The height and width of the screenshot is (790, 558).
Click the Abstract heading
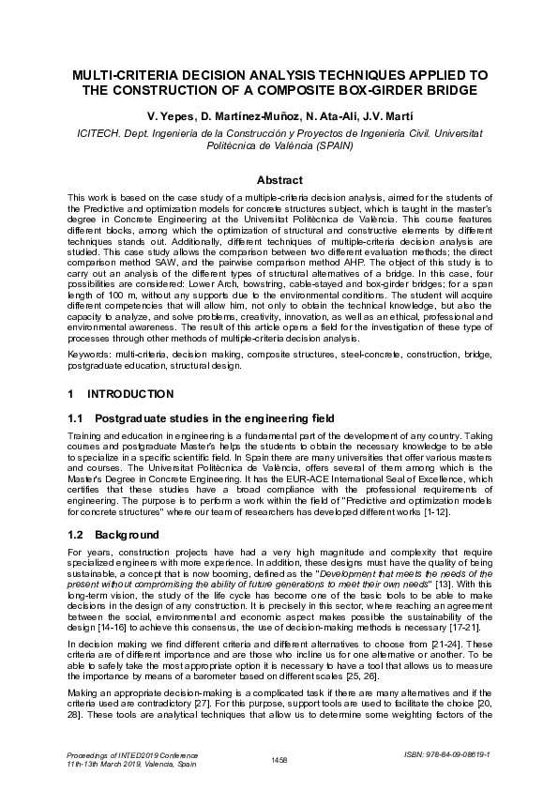tap(279, 179)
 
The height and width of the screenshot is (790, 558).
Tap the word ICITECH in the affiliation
tap(98, 134)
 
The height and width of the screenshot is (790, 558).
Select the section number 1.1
tap(78, 416)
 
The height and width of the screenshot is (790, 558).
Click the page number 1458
tap(279, 759)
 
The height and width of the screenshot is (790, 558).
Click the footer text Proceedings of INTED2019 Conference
tap(126, 753)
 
